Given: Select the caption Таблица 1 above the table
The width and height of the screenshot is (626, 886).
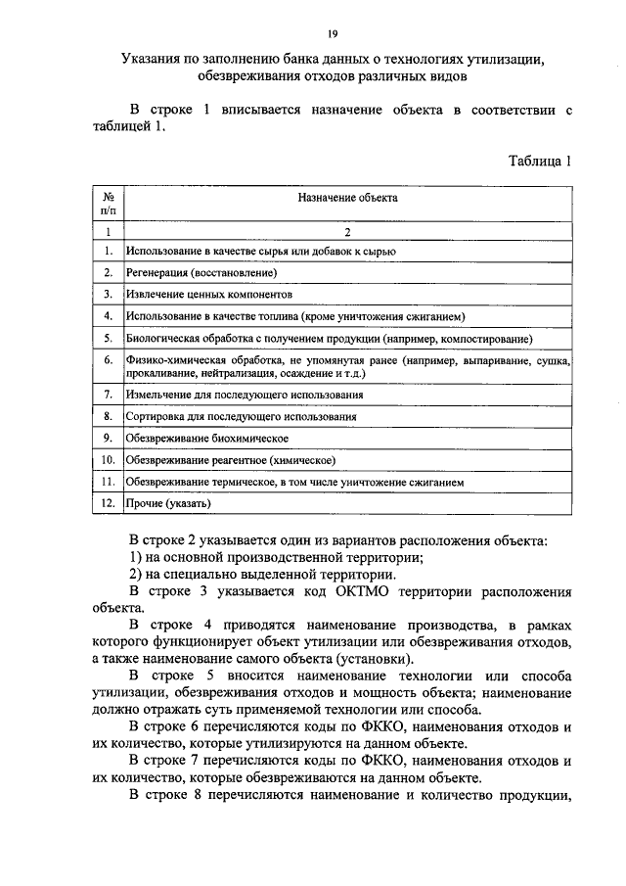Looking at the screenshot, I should (540, 162).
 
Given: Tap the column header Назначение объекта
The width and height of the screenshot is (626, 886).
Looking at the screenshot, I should (347, 197).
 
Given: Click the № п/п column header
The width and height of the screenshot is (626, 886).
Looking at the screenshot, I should (107, 203).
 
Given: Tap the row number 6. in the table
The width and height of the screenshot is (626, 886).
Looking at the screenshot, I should (107, 360).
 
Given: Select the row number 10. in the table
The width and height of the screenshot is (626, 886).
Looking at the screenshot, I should (107, 460).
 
